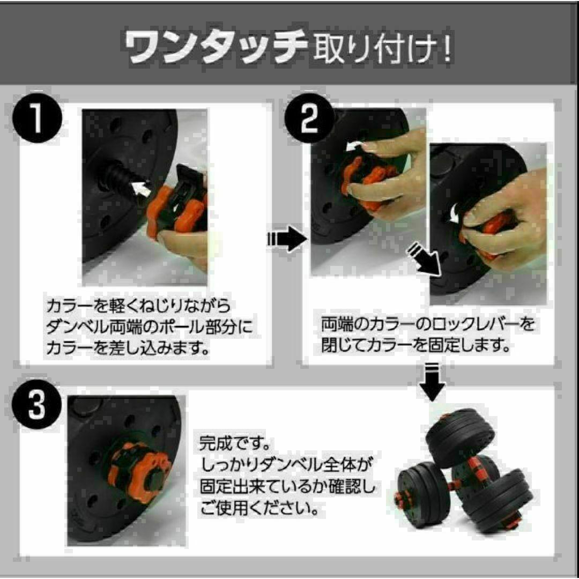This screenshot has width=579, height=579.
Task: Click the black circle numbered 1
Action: point(37,118)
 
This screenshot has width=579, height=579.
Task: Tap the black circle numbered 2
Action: point(309,118)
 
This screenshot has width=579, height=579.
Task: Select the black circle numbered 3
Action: point(36,404)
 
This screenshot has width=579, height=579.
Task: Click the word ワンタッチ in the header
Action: point(216,46)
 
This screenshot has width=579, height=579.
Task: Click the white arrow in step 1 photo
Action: point(142,188)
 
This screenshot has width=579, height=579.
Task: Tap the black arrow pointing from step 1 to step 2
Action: point(287,239)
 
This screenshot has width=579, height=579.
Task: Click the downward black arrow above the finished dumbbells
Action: point(432,382)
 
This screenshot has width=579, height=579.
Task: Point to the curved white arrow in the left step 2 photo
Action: point(353,146)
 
